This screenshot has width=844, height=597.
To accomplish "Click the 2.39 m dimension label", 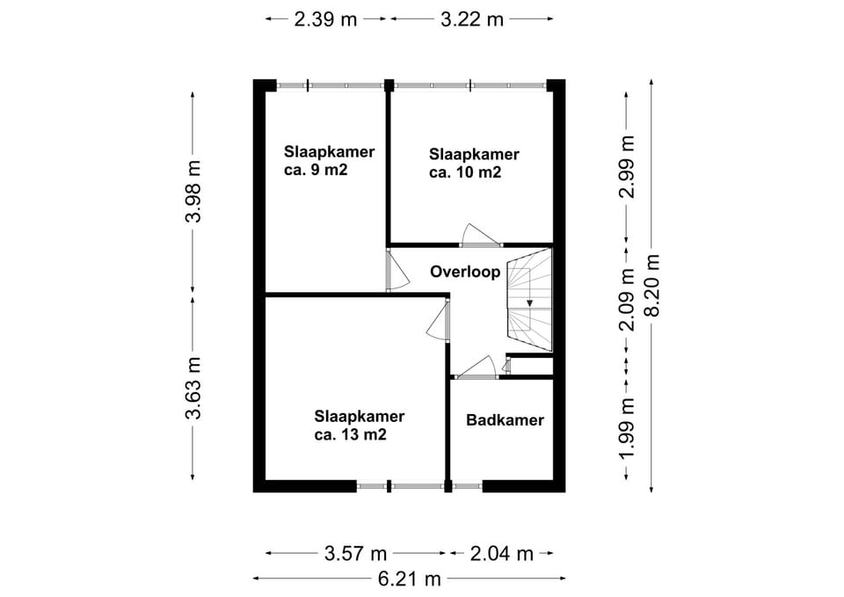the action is click(325, 19).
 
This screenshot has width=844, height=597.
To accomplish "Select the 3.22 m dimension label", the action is click(471, 19).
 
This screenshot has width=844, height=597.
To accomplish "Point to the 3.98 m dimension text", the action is click(193, 191).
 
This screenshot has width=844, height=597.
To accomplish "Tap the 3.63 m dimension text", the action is click(193, 388).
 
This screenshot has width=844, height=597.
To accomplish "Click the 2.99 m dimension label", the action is click(628, 166).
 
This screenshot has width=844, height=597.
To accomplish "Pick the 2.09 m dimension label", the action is click(628, 299).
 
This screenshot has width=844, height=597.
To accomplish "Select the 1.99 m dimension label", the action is click(628, 428).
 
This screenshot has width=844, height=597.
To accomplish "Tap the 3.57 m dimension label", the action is click(356, 553).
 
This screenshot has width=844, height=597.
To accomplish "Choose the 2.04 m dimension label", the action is click(502, 553).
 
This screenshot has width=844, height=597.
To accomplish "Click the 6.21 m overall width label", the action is click(409, 579).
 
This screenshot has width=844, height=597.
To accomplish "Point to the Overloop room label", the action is click(465, 272).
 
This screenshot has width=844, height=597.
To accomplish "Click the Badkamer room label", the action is click(505, 420).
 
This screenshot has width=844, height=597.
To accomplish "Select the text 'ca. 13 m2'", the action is click(351, 434).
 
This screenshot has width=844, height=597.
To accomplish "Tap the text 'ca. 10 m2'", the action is click(465, 172).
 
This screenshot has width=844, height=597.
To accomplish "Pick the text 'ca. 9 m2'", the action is click(316, 170).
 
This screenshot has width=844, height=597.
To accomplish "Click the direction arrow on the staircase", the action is click(529, 303).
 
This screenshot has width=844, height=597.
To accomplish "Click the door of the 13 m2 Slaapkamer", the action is click(439, 322).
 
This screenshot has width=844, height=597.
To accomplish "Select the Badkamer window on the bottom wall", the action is click(467, 486).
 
